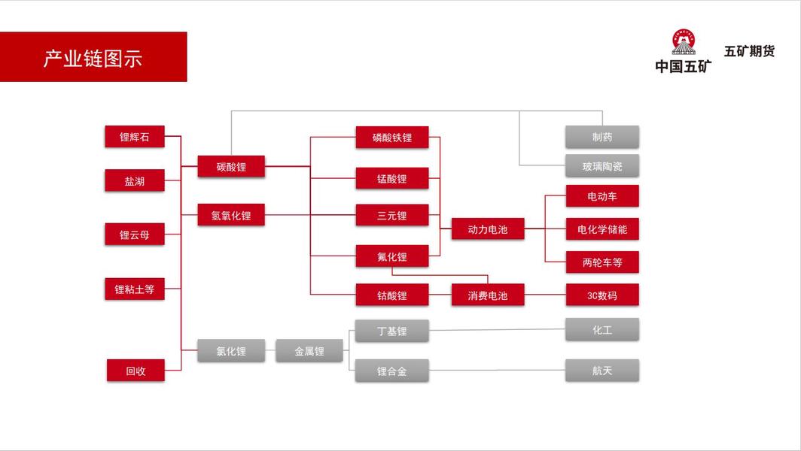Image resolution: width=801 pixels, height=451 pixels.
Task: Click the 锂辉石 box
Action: pyautogui.click(x=134, y=137)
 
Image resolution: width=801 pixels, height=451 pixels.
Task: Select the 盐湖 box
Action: pyautogui.click(x=134, y=180)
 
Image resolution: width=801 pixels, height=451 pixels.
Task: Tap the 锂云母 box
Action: pyautogui.click(x=134, y=235)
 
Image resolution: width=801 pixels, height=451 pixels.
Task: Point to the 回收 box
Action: pyautogui.click(x=136, y=371)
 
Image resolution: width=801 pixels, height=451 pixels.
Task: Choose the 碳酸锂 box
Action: pyautogui.click(x=231, y=166)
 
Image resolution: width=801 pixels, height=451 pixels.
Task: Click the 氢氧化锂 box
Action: pyautogui.click(x=231, y=215)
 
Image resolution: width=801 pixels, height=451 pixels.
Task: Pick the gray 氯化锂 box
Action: pyautogui.click(x=231, y=350)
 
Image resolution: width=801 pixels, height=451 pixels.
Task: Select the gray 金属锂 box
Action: pyautogui.click(x=309, y=350)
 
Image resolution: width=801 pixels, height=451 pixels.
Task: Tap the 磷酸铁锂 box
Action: pyautogui.click(x=391, y=137)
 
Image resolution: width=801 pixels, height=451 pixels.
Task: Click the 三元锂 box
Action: pyautogui.click(x=391, y=215)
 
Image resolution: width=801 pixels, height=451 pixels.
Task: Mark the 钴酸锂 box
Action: pyautogui.click(x=391, y=295)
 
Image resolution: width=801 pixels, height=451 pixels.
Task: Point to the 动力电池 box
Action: pyautogui.click(x=487, y=229)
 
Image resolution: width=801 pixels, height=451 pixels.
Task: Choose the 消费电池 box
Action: pyautogui.click(x=487, y=295)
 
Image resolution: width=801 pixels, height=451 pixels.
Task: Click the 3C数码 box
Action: pyautogui.click(x=602, y=295)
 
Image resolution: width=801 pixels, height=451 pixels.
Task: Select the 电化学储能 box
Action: pyautogui.click(x=602, y=229)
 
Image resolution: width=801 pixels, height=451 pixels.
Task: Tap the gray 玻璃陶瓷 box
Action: pyautogui.click(x=602, y=165)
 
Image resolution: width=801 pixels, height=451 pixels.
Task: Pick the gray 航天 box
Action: pyautogui.click(x=602, y=370)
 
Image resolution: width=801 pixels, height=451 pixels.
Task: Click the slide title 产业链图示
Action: pyautogui.click(x=93, y=58)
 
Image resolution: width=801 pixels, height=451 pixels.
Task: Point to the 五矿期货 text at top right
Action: pyautogui.click(x=749, y=52)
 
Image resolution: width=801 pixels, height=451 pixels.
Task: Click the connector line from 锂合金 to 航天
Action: pyautogui.click(x=497, y=370)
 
